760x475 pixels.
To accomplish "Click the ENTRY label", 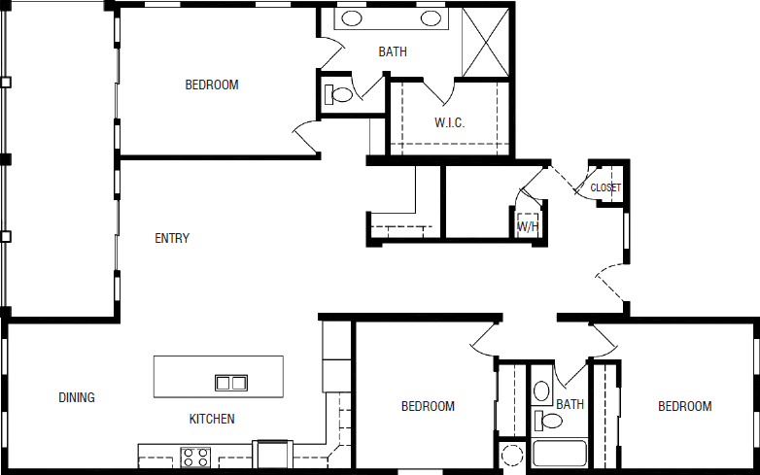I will point(172,238).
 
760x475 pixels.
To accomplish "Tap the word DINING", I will point(77,397).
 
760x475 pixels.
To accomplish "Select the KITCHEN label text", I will point(212,420).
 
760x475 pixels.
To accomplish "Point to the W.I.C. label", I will point(449,123).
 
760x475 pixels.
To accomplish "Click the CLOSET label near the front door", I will point(605,187).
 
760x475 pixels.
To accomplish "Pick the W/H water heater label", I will point(528,227).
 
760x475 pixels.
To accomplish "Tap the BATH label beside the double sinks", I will point(393,52).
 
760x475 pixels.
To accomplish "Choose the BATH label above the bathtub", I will point(570,404).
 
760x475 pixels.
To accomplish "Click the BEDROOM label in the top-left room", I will point(212,85).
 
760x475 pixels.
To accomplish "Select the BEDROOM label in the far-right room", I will point(684,406).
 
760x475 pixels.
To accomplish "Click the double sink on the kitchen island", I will point(230,383).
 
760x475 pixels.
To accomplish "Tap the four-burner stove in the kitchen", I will point(195,457).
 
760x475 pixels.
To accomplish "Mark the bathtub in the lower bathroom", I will point(559,455).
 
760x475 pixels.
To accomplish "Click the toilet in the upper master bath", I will point(339,95).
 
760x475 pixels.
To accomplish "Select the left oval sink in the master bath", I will point(352,18).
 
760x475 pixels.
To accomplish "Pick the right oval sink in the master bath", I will point(432,18).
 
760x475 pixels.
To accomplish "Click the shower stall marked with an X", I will point(487,42).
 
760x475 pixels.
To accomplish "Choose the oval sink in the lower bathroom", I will point(542,392).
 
